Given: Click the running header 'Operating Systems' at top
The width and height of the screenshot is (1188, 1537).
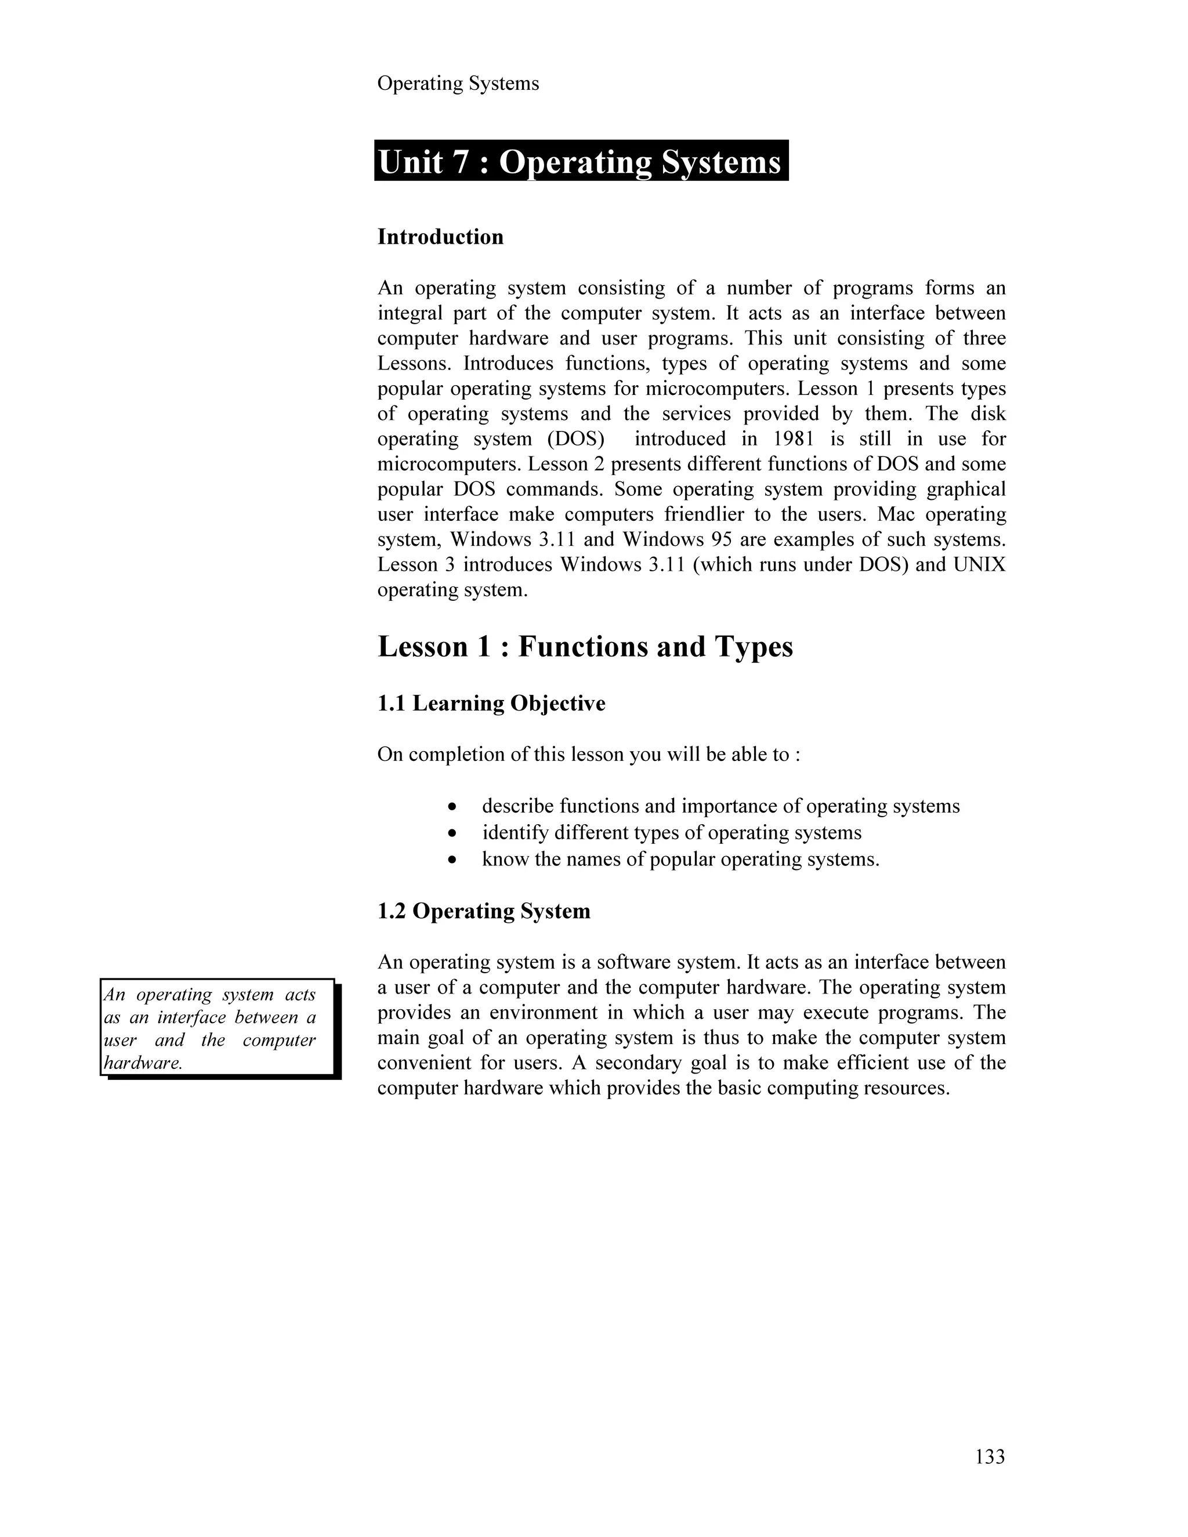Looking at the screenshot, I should [458, 84].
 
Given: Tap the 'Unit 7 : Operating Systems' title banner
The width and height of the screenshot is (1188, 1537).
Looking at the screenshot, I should [581, 162].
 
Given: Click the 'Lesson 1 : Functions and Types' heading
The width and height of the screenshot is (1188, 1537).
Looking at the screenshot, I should [585, 647].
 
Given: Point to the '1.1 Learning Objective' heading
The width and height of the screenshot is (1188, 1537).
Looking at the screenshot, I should [491, 704].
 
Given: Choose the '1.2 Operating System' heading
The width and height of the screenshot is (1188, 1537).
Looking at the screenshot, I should [484, 911].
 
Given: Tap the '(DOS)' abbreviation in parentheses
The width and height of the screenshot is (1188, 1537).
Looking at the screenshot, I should [575, 439].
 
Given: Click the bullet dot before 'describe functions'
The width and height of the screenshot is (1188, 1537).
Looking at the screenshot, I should [453, 807].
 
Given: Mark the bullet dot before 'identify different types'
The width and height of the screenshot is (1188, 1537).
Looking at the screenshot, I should [453, 834].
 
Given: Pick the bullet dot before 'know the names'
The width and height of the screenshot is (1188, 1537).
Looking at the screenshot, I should [453, 861].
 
